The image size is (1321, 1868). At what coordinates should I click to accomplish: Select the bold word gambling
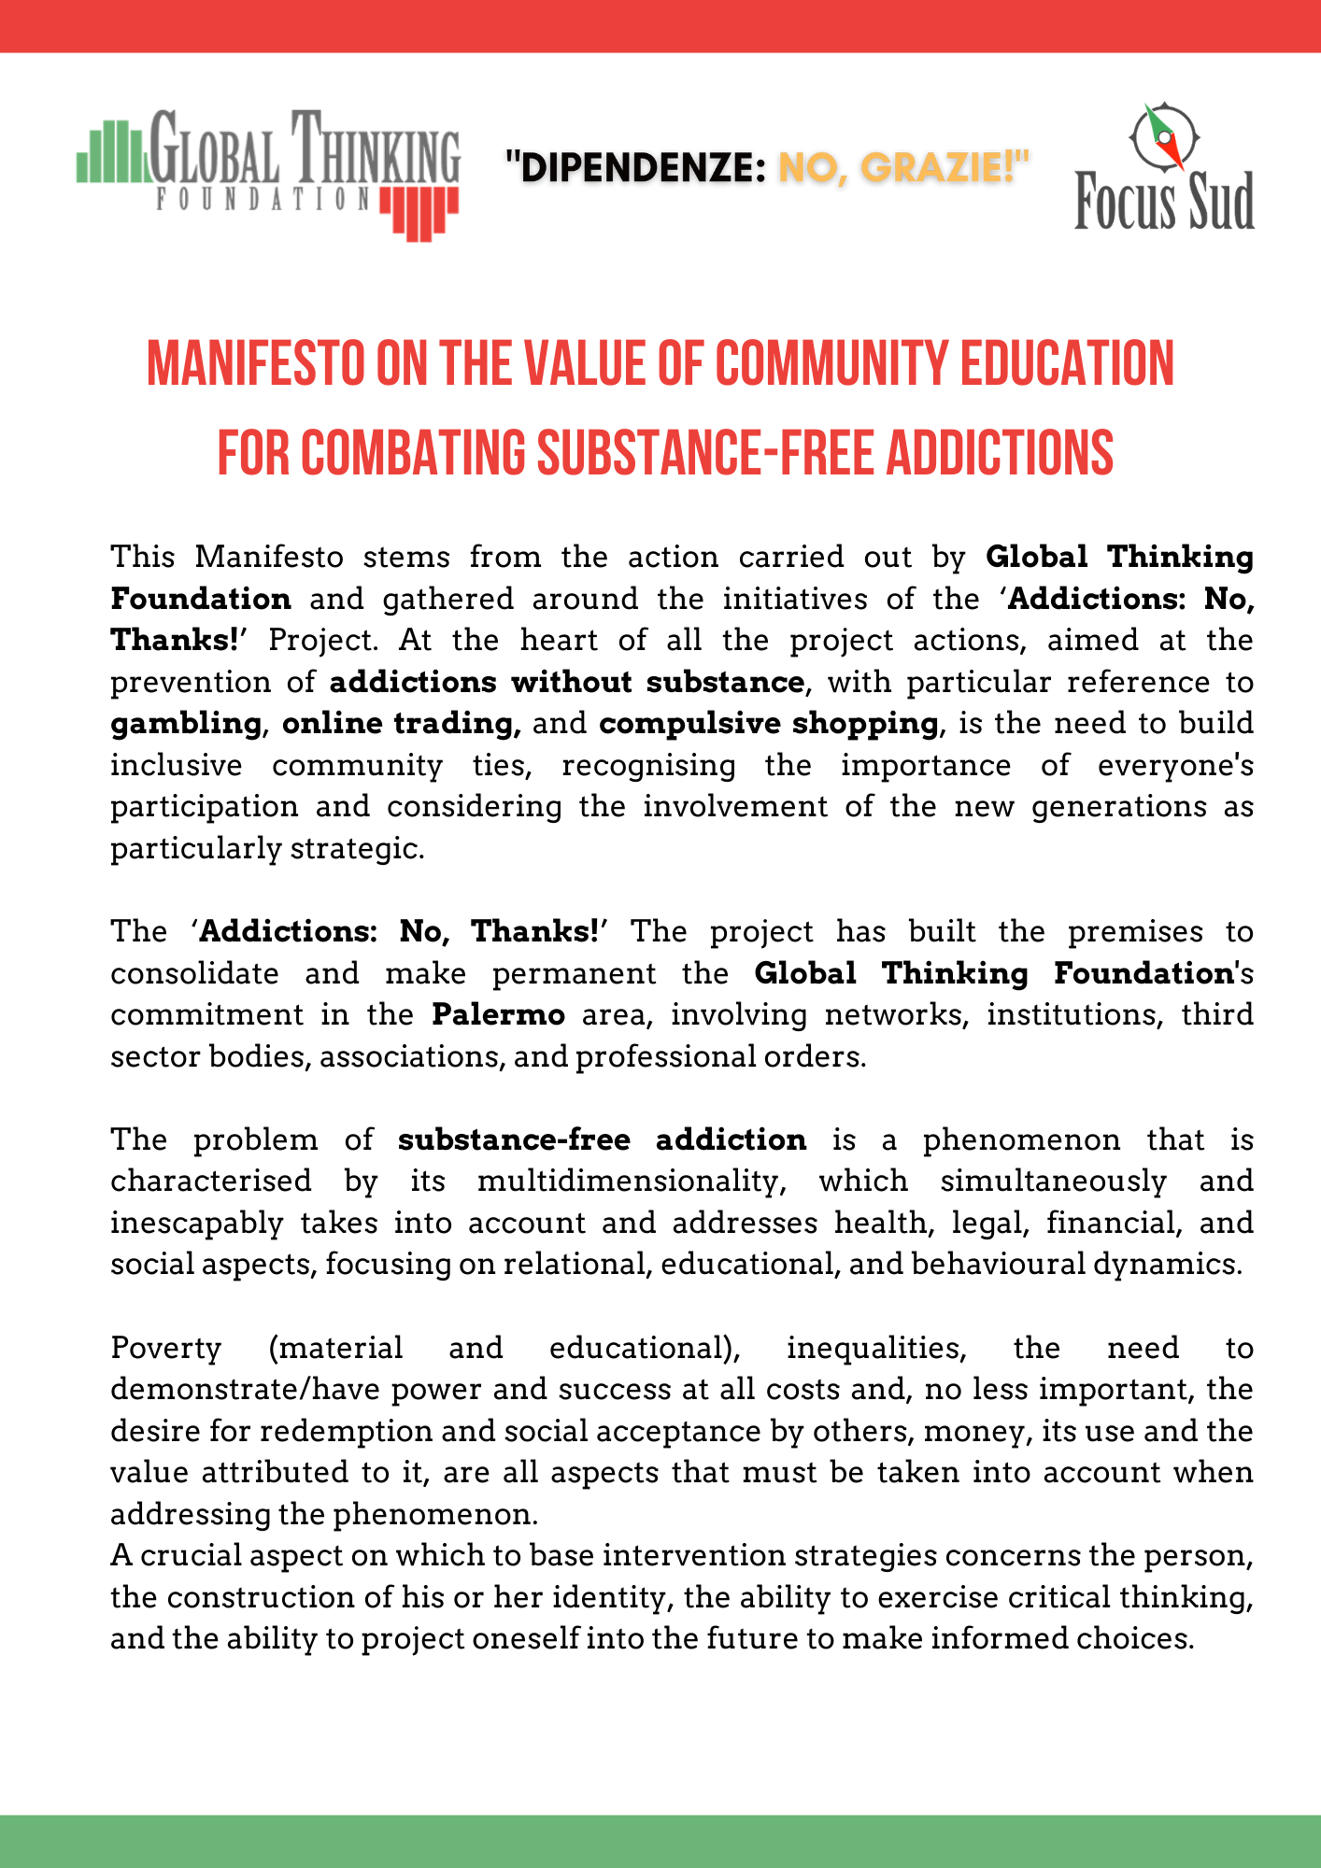186,724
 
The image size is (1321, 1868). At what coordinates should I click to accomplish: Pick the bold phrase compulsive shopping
768,724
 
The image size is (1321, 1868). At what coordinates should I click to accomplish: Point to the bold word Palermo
498,1015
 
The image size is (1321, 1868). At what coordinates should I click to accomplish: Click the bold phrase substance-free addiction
602,1140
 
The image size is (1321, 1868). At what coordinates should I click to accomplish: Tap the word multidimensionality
627,1182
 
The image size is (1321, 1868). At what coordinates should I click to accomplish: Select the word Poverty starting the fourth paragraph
166,1349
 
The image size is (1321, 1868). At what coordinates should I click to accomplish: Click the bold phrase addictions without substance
566,683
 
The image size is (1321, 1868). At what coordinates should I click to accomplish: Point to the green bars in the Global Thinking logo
111,153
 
